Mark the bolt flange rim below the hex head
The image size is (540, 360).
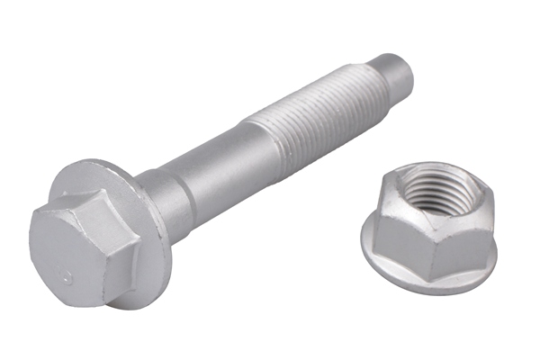click(135, 292)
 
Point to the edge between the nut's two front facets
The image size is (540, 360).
click(436, 253)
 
